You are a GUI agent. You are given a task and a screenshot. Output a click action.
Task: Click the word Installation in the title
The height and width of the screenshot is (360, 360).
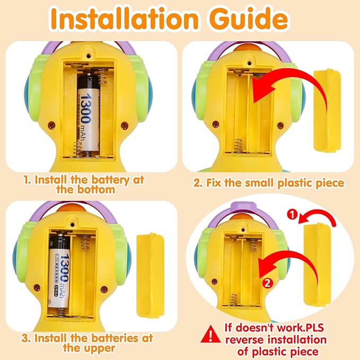click(x=124, y=19)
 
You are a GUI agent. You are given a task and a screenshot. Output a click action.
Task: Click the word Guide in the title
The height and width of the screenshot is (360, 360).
click(x=249, y=19)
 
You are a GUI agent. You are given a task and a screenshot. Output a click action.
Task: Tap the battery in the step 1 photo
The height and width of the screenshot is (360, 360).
click(x=89, y=112)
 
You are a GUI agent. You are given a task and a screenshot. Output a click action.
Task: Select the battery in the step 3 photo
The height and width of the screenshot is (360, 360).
click(x=59, y=271)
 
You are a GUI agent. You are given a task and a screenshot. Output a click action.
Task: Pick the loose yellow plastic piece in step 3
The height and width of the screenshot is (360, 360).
click(x=151, y=276)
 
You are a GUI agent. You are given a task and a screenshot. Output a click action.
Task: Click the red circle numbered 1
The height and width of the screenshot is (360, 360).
click(x=292, y=215)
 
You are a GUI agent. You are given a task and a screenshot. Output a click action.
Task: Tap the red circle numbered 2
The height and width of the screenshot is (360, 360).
click(x=267, y=283)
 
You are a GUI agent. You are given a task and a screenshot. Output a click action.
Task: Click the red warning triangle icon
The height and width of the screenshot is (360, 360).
click(x=210, y=334)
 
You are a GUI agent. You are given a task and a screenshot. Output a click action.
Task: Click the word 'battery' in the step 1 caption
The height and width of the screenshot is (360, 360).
click(x=110, y=180)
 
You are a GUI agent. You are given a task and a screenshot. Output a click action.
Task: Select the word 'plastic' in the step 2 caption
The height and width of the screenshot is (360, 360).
click(x=296, y=183)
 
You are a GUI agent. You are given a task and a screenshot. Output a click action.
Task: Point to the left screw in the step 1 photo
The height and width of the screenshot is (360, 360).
click(x=51, y=125)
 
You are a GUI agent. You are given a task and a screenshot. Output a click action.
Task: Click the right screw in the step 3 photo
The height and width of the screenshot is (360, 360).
click(x=104, y=289)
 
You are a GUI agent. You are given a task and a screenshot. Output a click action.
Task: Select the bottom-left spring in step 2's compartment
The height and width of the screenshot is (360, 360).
click(x=238, y=145)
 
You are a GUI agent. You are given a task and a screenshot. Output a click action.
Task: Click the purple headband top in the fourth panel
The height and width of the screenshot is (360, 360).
click(x=242, y=206)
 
